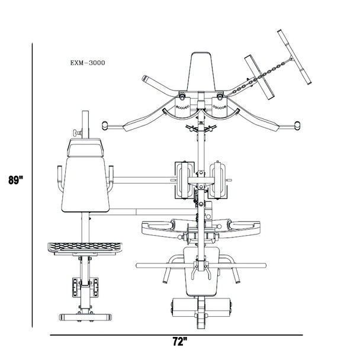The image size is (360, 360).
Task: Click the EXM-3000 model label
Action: (88, 62)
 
